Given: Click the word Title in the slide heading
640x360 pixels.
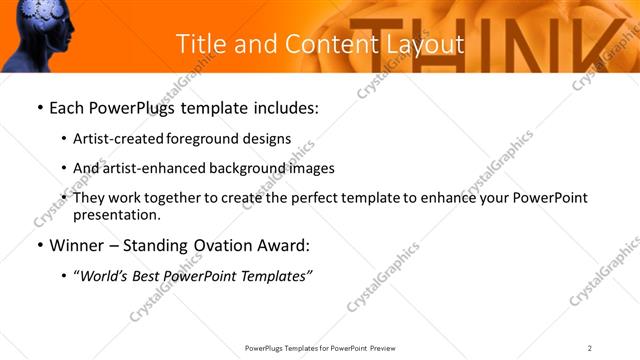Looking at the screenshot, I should [x=197, y=44].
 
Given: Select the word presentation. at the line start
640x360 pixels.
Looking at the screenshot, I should [x=116, y=215].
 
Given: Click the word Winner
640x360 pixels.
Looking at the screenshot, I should [x=78, y=245].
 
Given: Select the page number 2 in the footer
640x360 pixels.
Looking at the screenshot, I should [x=590, y=348].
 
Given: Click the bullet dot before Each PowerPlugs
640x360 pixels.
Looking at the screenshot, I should [x=39, y=108].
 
